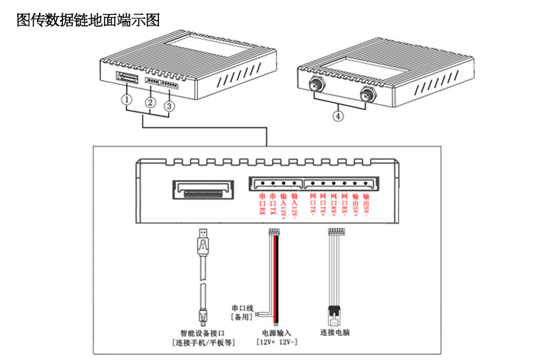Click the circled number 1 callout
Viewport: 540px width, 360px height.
128,99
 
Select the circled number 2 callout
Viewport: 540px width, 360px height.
150,103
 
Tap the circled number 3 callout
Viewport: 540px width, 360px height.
170,106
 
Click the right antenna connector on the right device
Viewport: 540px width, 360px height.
367,94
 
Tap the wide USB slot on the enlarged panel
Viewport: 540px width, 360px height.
201,190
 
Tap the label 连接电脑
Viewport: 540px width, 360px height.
335,331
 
